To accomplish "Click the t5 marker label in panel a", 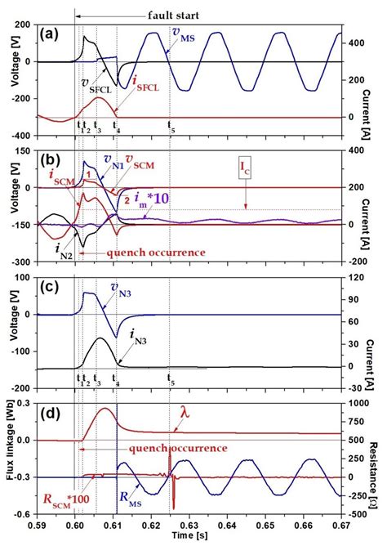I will [170, 127].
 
